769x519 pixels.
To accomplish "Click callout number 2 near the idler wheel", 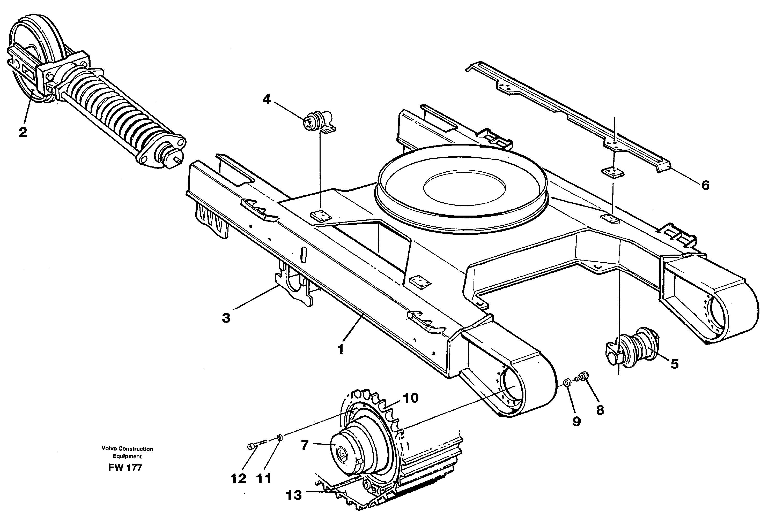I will tap(23, 133).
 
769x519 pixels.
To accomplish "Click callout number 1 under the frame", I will tap(341, 349).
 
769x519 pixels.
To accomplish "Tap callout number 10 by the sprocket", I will tap(410, 398).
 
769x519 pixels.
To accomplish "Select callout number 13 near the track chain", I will tap(294, 495).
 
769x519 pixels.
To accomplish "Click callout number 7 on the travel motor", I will tap(305, 445).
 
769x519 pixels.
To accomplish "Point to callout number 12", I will tap(239, 479).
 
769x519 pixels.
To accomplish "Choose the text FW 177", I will tap(125, 468).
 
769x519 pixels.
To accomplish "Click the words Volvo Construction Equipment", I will tap(127, 453).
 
